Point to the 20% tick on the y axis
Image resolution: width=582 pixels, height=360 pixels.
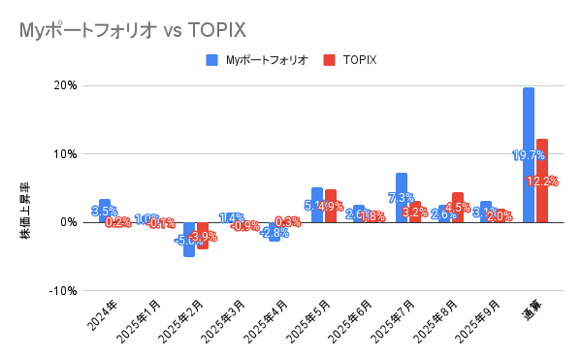(64, 85)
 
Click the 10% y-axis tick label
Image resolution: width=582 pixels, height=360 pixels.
(64, 153)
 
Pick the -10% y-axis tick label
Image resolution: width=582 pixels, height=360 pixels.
(62, 290)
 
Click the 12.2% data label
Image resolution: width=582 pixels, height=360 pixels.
(542, 181)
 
